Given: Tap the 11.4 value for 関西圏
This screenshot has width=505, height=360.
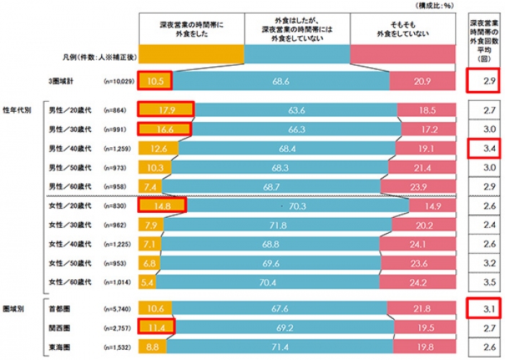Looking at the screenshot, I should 155,328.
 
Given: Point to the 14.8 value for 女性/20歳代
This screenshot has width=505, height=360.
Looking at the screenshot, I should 162,206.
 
